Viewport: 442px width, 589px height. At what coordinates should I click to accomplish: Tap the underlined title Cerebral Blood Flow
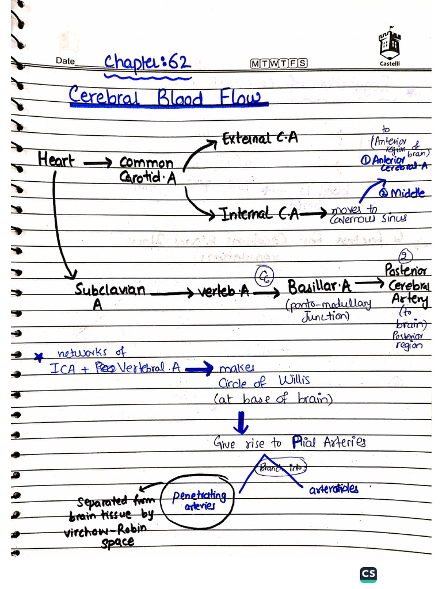tap(168, 97)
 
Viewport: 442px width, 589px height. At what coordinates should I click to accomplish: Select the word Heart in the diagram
tap(56, 159)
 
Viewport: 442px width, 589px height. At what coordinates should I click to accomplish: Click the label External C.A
tap(260, 139)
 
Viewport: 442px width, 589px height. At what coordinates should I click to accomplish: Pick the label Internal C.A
tap(261, 215)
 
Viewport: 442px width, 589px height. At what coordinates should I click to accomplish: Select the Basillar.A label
tap(319, 286)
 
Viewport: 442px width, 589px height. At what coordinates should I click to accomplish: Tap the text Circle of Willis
tap(264, 381)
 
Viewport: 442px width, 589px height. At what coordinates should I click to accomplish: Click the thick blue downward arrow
tap(241, 423)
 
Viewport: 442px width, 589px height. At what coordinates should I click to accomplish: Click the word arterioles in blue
tap(333, 489)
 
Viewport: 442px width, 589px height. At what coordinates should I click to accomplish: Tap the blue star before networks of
tap(39, 357)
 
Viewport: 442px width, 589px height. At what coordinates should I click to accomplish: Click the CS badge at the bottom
tap(368, 574)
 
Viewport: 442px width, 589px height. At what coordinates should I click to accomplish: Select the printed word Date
tap(65, 61)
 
